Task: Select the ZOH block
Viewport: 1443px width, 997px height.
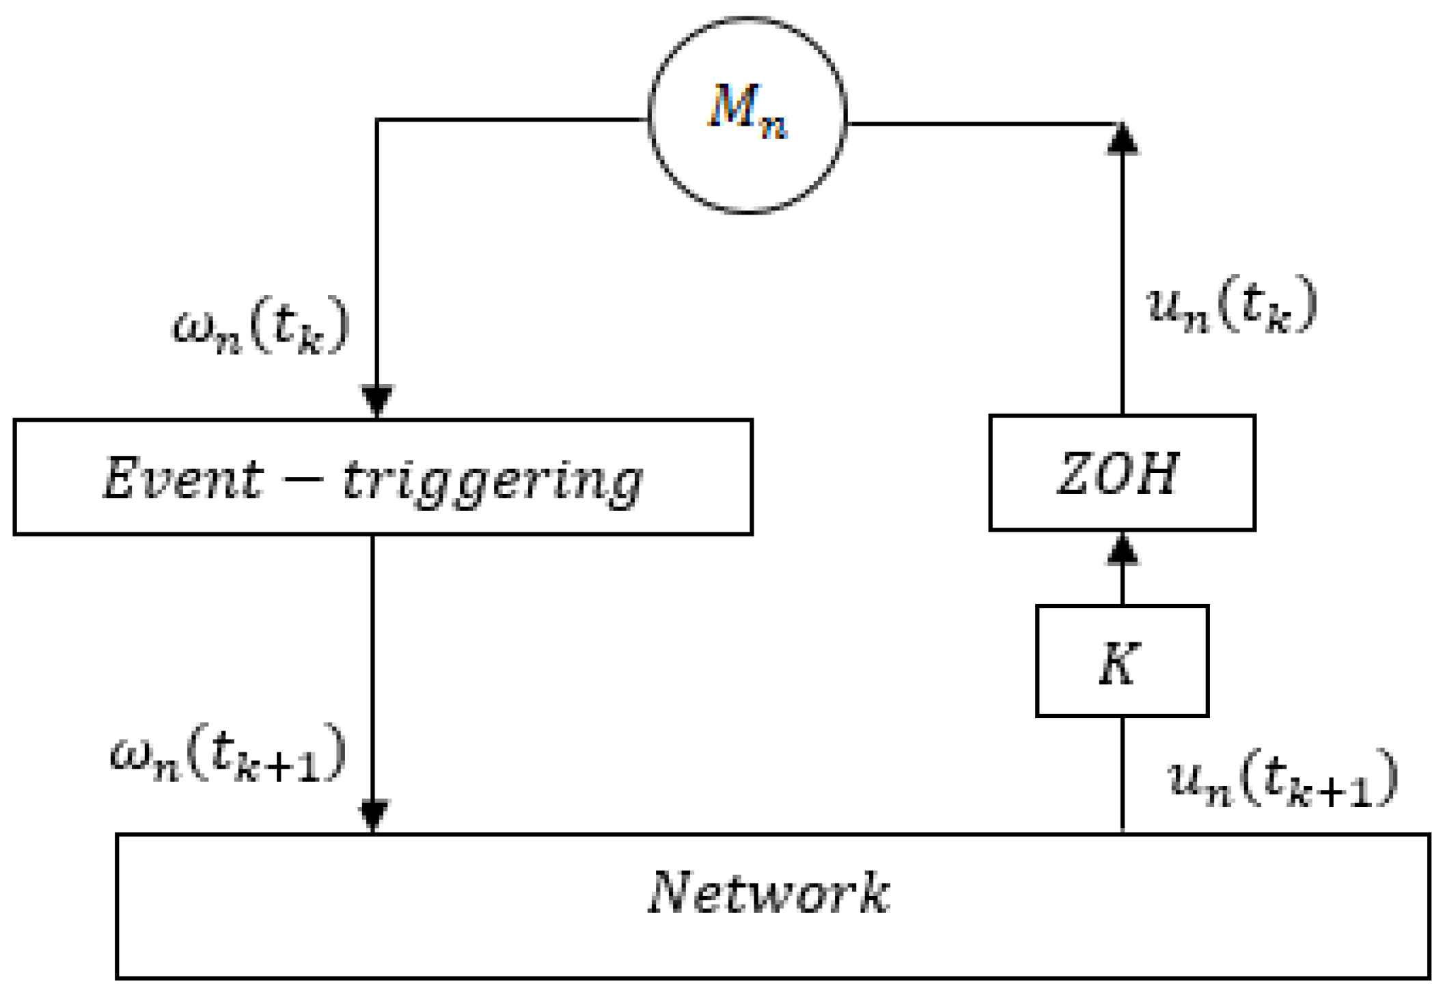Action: click(1121, 473)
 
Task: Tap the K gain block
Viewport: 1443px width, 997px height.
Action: click(1121, 661)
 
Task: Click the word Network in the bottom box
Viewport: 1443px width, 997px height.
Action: click(768, 892)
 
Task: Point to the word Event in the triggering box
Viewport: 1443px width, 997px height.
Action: click(182, 478)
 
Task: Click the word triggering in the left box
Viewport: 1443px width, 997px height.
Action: click(492, 480)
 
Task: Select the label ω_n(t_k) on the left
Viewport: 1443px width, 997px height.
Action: click(261, 327)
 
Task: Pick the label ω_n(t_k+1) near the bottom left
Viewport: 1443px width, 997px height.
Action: click(228, 754)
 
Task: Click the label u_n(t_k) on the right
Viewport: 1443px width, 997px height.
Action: click(1231, 305)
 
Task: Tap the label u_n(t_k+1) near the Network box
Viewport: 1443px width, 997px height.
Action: click(1282, 779)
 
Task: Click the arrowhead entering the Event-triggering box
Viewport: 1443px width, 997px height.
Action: click(377, 400)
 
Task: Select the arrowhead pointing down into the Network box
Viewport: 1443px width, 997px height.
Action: click(373, 815)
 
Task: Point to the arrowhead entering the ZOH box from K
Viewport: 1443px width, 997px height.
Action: click(1122, 551)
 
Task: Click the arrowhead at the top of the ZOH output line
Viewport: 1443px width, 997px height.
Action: click(1122, 139)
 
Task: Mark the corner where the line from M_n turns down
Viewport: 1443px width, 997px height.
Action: click(377, 120)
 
